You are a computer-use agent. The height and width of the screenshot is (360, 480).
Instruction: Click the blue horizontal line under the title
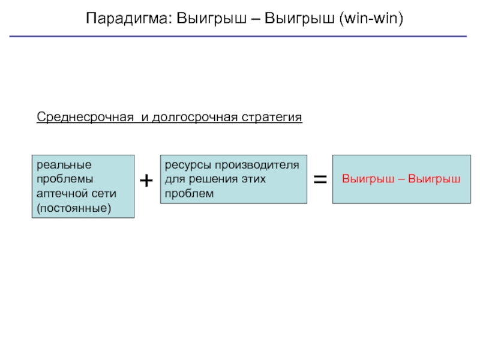240,37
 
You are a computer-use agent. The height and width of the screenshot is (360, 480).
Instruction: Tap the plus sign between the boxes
146,180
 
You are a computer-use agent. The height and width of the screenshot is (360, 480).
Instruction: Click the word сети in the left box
104,194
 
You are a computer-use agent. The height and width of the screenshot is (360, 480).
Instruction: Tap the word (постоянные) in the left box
74,209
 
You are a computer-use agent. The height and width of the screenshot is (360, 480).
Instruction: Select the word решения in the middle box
215,179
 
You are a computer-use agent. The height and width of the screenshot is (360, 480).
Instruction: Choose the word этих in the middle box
253,179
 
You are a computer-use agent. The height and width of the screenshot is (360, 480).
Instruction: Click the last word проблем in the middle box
189,193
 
